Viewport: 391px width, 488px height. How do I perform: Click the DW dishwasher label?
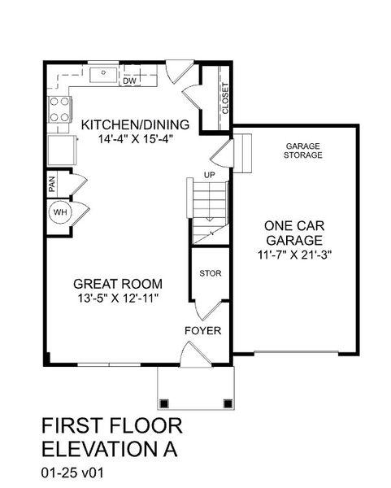(129, 81)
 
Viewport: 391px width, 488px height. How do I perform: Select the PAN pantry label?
(51, 185)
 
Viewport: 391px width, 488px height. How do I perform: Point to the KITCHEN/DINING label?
(135, 124)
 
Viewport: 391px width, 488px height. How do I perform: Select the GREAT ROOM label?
(118, 284)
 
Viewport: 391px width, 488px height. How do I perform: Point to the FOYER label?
(203, 331)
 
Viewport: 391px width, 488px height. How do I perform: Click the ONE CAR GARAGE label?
(293, 233)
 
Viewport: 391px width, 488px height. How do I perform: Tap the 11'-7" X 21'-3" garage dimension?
(293, 255)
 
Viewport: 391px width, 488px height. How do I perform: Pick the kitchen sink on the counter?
(103, 76)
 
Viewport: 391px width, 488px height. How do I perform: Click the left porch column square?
(165, 402)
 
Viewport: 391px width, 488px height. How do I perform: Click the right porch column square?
(225, 402)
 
